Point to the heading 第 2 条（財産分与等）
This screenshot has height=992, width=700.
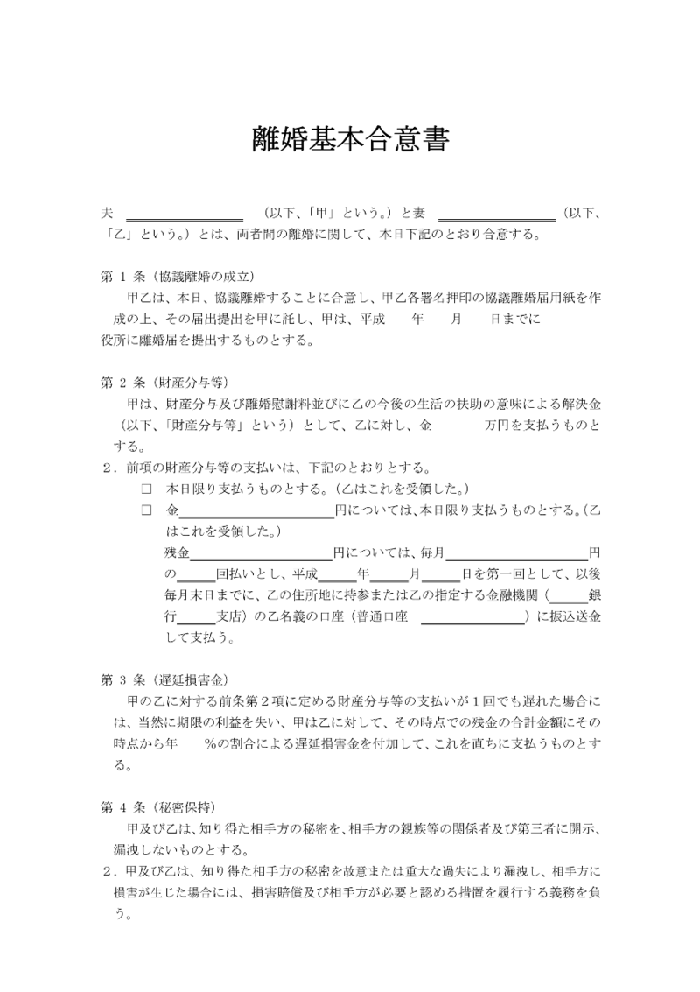coord(164,382)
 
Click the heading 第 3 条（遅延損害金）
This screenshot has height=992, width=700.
coord(164,679)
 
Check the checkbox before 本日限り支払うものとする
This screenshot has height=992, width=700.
coord(146,488)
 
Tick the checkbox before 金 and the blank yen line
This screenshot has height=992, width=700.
coord(146,510)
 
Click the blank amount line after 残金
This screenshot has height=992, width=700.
coord(261,553)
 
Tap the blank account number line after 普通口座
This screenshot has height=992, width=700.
coord(472,617)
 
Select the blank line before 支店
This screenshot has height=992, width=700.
coord(197,617)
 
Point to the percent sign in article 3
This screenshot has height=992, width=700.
coord(210,742)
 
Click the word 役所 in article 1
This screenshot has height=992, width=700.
coord(115,340)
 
